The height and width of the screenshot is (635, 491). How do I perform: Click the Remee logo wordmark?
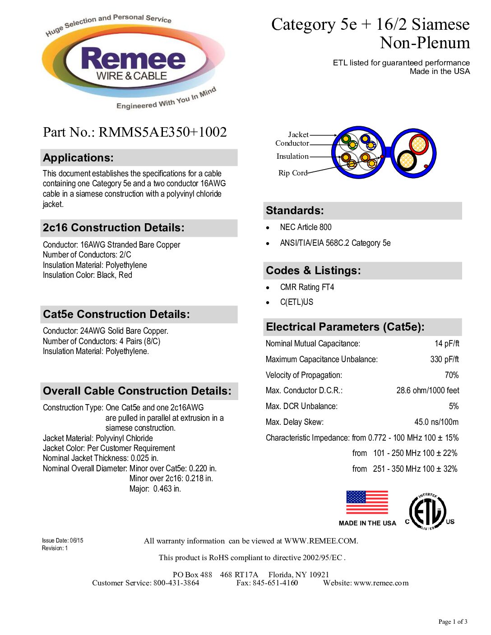tap(133, 60)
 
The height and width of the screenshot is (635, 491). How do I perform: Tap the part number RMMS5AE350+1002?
tap(162, 132)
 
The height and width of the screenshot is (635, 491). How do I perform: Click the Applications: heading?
tap(78, 158)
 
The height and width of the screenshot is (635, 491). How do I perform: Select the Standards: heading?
tap(295, 211)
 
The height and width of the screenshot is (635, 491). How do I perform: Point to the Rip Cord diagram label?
tap(292, 173)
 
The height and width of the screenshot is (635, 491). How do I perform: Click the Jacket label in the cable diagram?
tap(298, 134)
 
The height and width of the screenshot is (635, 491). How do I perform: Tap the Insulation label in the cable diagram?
tap(292, 156)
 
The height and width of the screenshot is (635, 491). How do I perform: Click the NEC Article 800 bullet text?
tap(306, 227)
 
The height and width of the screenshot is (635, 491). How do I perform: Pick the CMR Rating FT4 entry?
tap(307, 287)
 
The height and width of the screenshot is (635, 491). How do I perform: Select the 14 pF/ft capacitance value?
tap(447, 344)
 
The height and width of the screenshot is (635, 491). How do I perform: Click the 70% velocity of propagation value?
tap(451, 375)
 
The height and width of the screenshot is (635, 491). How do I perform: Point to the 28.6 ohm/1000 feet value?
tap(427, 391)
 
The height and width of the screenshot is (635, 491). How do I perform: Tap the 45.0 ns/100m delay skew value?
tap(436, 422)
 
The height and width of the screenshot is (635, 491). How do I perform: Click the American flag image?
tap(367, 502)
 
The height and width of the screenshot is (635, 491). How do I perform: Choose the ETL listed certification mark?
tap(428, 512)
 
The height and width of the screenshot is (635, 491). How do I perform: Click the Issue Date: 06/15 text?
tap(62, 540)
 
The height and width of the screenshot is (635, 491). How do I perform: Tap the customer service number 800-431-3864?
tap(176, 583)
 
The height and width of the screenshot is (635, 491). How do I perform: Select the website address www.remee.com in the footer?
tap(381, 583)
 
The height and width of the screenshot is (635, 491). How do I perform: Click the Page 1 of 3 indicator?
tap(453, 622)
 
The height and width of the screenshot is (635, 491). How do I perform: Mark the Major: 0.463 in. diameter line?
tap(155, 489)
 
